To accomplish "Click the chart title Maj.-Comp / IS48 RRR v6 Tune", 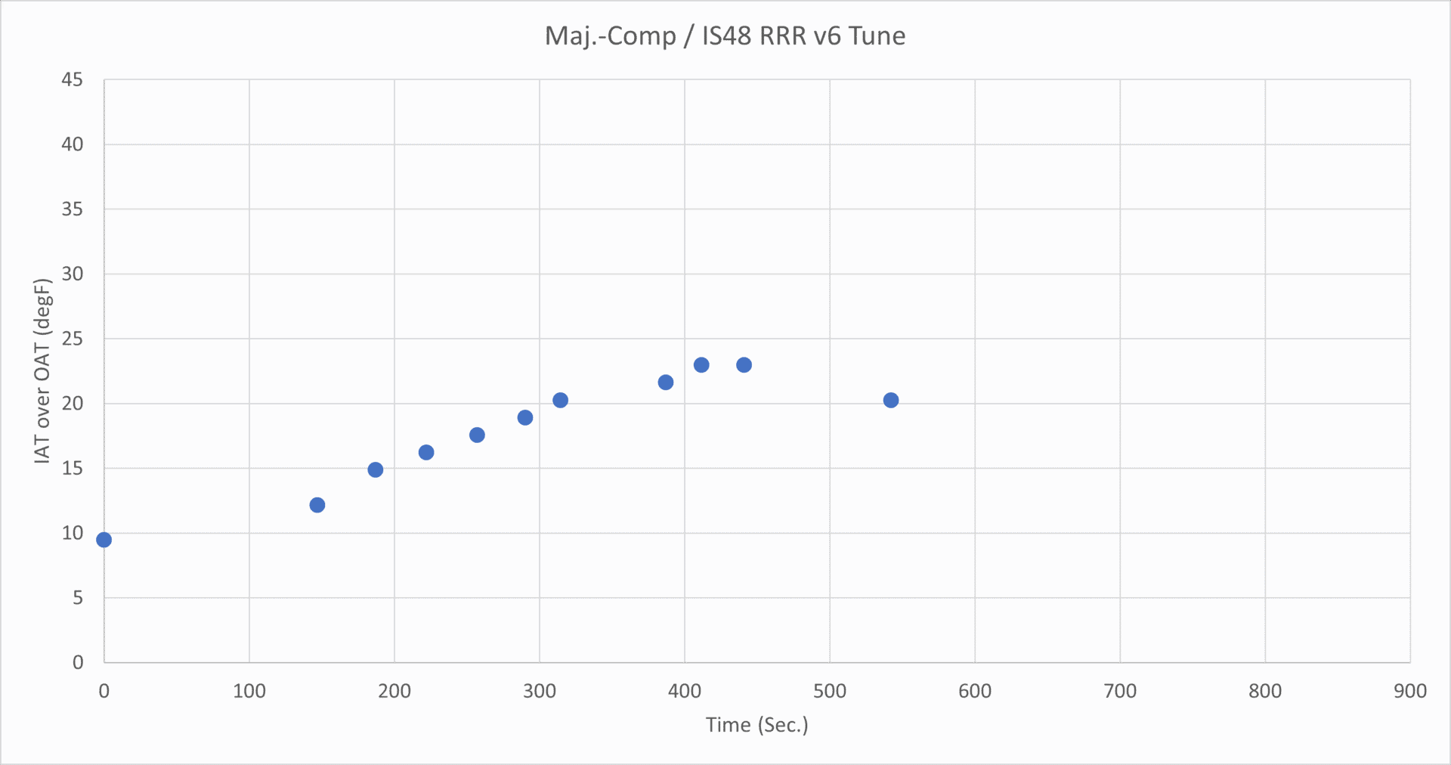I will coord(725,36).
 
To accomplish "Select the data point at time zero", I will coord(104,540).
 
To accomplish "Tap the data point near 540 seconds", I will coord(891,400).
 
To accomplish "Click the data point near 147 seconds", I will coord(317,505).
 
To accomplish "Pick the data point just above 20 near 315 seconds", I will coord(560,400).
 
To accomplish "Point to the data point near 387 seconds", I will coord(666,382).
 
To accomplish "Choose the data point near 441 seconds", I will coord(744,365).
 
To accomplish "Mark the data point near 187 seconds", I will coord(376,469).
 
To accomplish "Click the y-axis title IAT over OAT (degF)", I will coord(42,370).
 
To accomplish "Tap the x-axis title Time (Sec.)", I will coord(756,725).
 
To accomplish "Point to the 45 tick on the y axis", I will coord(73,79).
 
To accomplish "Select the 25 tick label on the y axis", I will coord(73,339).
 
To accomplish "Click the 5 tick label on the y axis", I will coord(78,598).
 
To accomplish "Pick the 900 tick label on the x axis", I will coord(1409,691).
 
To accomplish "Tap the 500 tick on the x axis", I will coord(829,691).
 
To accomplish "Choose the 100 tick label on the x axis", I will coord(249,691).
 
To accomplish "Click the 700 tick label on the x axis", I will coord(1119,691).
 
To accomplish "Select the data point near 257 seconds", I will coord(477,435).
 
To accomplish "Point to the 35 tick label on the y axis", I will coord(73,209).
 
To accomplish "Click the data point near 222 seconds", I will coord(426,452).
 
